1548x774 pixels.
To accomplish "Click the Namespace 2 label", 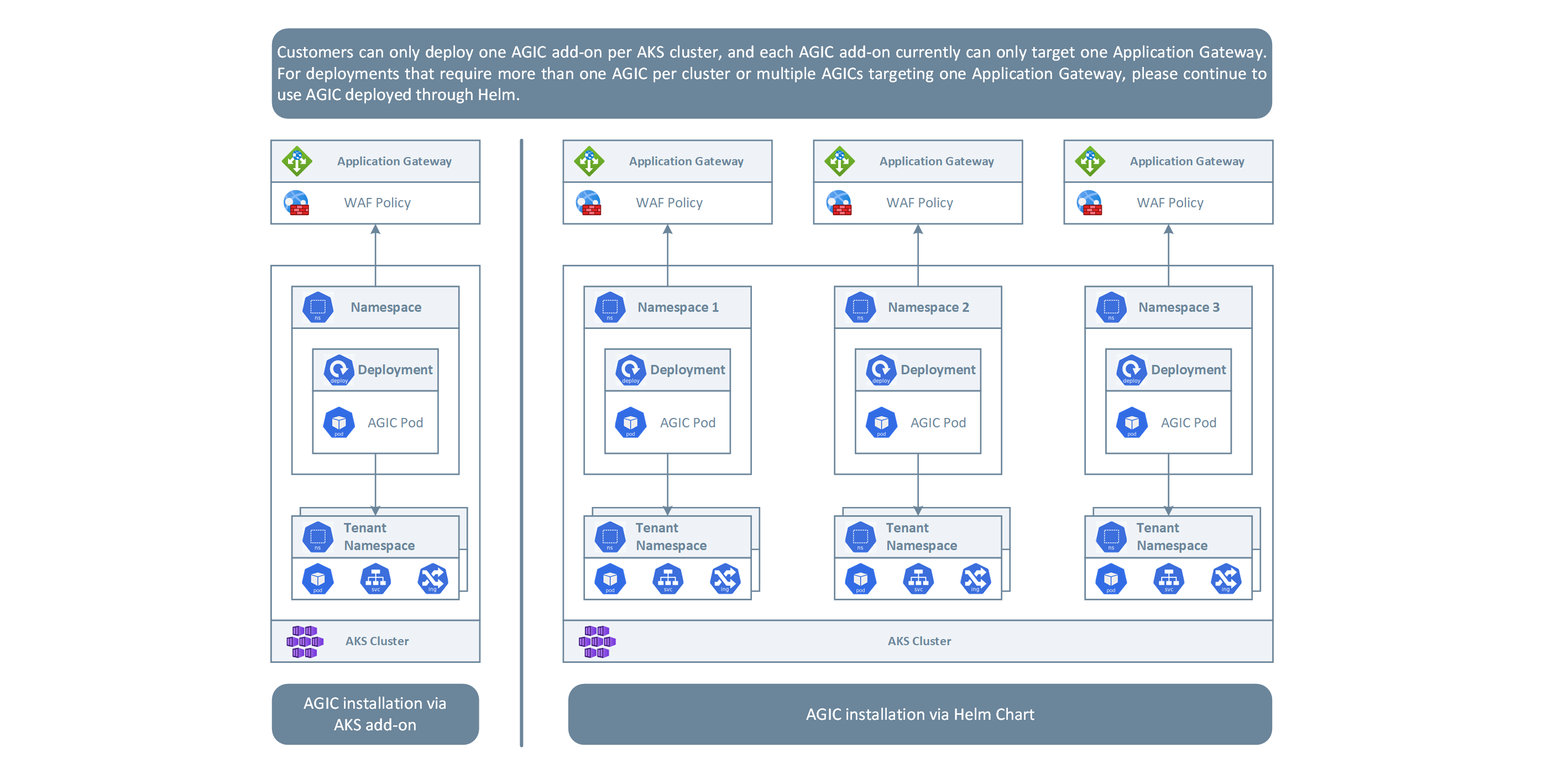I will (928, 307).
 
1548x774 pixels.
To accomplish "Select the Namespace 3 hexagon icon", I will (1111, 307).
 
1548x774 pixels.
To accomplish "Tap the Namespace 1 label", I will (677, 307).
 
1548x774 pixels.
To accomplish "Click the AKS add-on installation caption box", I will (375, 714).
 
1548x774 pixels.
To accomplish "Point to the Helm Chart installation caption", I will (919, 714).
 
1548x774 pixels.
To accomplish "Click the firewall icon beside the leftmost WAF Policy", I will (297, 203).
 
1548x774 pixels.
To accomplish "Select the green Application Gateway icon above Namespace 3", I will (1090, 161).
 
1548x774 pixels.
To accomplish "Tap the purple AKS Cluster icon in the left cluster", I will (305, 641).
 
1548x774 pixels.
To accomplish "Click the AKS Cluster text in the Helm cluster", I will (919, 641).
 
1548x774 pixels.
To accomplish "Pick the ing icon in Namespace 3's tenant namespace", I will (1226, 579).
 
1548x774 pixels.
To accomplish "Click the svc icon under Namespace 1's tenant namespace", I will (668, 579).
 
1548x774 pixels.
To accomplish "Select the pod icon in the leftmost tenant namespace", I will (318, 579).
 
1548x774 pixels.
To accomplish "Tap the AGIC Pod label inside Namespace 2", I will (938, 422).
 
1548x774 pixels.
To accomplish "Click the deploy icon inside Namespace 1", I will (630, 369).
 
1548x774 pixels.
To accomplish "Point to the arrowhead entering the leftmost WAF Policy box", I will (375, 229).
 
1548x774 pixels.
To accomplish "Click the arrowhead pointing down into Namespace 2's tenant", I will (918, 511).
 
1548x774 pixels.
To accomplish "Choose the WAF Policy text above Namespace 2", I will (919, 203).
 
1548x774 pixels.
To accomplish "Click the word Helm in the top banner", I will (496, 95).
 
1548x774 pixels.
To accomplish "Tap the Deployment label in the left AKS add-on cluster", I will (395, 369).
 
